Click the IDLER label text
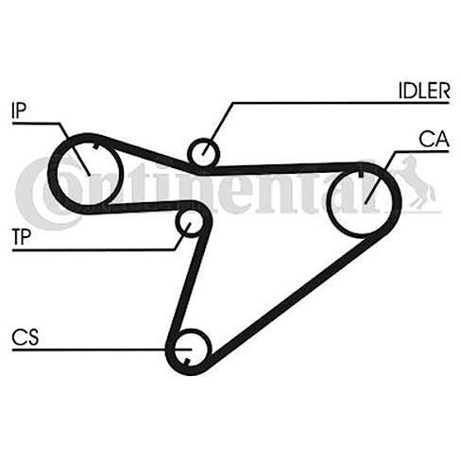coord(424,91)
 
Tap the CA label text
coord(434,139)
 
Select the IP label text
coord(19,111)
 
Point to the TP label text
coord(22,237)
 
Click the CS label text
coord(25,337)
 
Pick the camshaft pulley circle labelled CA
coord(328,201)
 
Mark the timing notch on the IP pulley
coord(95,146)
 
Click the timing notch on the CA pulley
coord(361,173)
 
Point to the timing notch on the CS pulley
coord(187,362)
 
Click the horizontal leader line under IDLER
coord(341,103)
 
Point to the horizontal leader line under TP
coord(94,250)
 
